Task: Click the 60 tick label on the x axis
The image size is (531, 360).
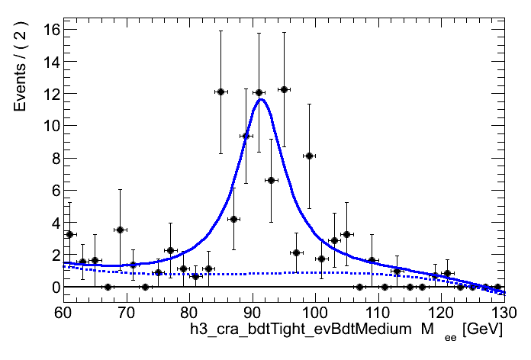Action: coord(63,313)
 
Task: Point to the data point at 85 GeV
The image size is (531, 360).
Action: coord(220,92)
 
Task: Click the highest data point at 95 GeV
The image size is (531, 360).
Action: coord(284,89)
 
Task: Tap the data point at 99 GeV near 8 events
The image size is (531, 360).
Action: coord(309,156)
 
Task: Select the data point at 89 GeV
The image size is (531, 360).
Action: coord(246,136)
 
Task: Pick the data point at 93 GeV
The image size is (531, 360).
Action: coord(271,180)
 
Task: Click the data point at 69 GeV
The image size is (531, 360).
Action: coord(120,230)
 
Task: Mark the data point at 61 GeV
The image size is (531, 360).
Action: coord(69,234)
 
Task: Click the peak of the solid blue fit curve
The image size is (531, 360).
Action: coord(261,99)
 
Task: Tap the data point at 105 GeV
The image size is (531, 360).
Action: coord(346,234)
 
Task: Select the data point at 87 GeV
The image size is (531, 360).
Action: coord(233,219)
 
